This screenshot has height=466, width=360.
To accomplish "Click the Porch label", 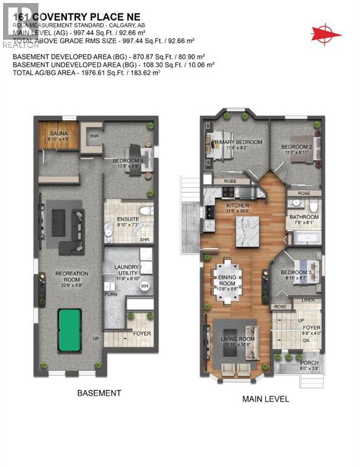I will pyautogui.click(x=309, y=364).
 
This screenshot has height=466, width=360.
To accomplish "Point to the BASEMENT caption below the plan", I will pyautogui.click(x=99, y=393).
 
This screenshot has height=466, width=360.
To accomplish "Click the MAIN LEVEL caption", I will pyautogui.click(x=265, y=399).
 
